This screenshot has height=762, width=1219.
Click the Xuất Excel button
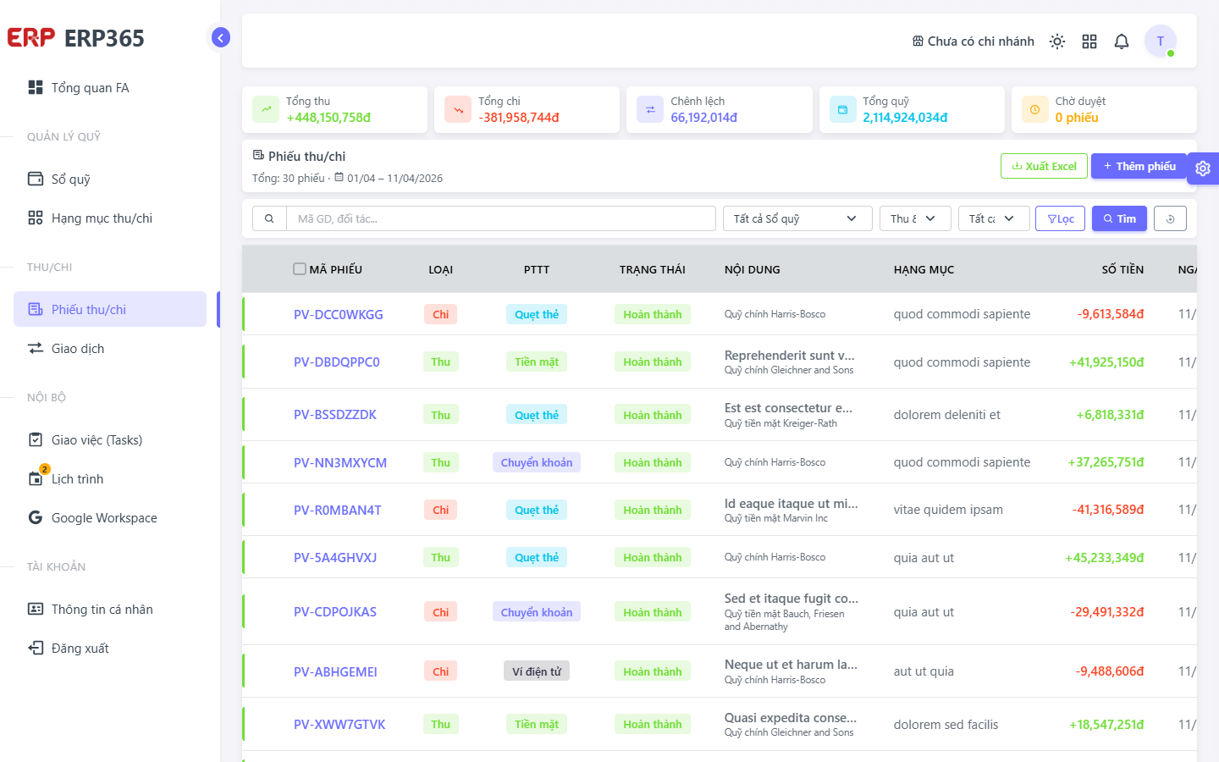click(x=1044, y=166)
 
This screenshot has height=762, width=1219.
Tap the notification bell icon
click(x=1121, y=41)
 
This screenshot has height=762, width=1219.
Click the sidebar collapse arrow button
click(x=220, y=37)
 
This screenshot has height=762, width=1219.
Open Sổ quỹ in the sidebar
click(x=71, y=179)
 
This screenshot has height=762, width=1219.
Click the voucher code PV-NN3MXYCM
click(x=340, y=462)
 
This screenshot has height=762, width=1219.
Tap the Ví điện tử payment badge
click(x=537, y=671)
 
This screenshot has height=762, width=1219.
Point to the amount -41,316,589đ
click(x=1108, y=510)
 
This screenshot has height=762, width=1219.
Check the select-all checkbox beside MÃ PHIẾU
click(x=300, y=269)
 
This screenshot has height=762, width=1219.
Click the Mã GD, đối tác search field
click(x=500, y=218)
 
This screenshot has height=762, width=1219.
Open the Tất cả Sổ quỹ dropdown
click(x=797, y=218)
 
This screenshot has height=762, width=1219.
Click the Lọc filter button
click(x=1060, y=218)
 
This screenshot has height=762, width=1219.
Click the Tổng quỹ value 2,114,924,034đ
click(x=905, y=118)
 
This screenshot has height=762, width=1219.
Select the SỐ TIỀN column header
click(x=1122, y=269)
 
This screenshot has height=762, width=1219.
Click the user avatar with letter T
click(x=1161, y=41)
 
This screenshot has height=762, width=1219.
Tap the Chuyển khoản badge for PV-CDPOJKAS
click(x=537, y=612)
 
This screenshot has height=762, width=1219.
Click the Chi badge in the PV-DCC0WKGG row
click(x=441, y=315)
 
